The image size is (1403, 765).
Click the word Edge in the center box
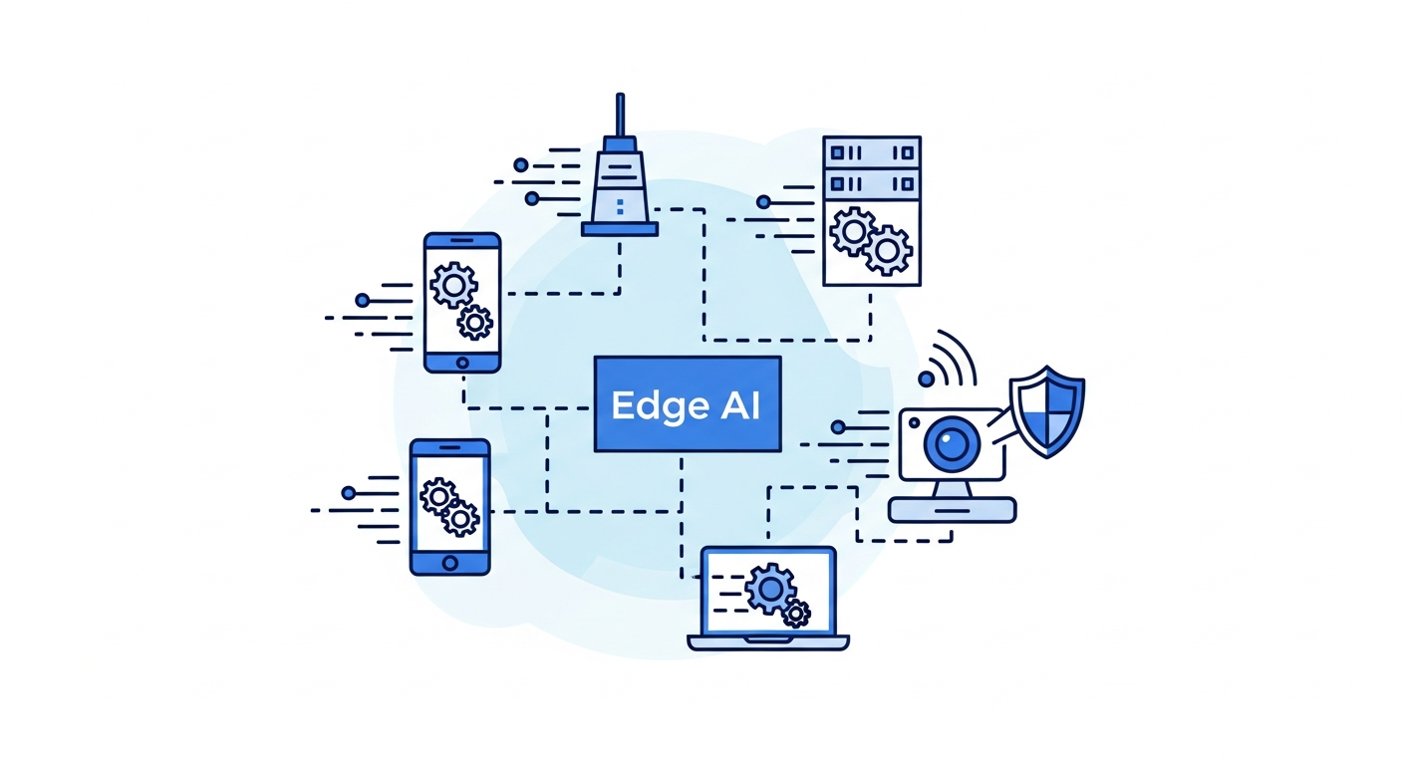650,405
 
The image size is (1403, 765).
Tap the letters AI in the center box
738,404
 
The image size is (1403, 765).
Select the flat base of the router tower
620,229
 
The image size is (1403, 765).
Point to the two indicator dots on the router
620,206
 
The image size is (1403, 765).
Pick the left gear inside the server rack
853,232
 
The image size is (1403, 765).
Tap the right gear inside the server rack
887,249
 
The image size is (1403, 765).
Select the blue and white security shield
1046,411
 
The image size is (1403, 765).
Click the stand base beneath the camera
952,509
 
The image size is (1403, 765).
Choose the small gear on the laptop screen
796,614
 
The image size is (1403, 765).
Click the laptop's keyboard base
768,642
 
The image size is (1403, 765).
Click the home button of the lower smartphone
449,563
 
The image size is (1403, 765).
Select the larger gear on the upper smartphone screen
453,286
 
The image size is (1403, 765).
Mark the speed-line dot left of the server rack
763,202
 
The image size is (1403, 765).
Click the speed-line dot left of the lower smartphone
348,492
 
